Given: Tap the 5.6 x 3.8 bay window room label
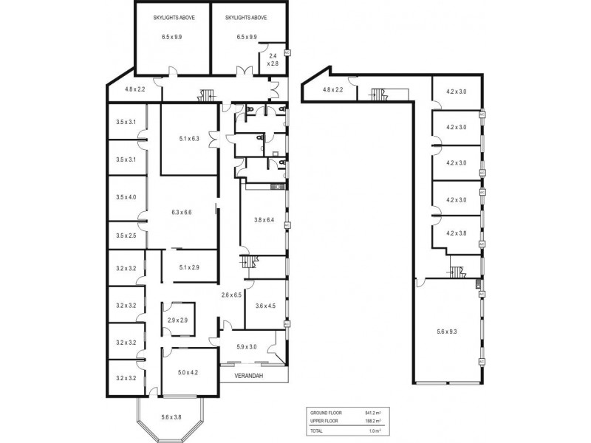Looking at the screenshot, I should pyautogui.click(x=171, y=417).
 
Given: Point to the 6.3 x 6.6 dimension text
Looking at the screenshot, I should pyautogui.click(x=181, y=213).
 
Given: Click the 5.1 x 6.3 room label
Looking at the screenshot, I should pyautogui.click(x=190, y=138).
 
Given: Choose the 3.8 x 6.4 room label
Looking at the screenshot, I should pyautogui.click(x=264, y=219).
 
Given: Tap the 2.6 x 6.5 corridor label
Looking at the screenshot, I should pyautogui.click(x=232, y=295).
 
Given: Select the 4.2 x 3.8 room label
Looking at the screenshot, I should pyautogui.click(x=457, y=233).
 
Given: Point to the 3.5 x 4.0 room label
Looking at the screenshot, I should pyautogui.click(x=126, y=197).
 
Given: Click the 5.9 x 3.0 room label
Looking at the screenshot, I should pyautogui.click(x=246, y=347).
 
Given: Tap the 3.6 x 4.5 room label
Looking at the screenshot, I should pyautogui.click(x=264, y=305).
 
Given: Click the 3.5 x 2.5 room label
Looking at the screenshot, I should pyautogui.click(x=126, y=236).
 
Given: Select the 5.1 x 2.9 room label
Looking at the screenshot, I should pyautogui.click(x=190, y=267).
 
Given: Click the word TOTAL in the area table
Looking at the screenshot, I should pyautogui.click(x=316, y=430).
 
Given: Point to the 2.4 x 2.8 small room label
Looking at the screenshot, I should pyautogui.click(x=273, y=61).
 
